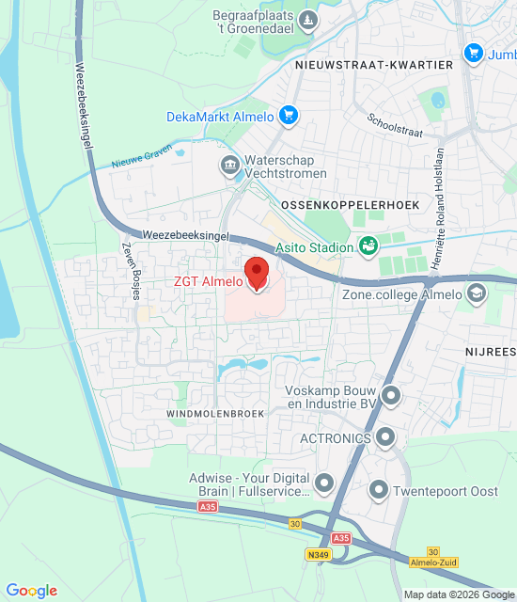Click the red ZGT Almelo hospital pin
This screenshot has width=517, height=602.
(257, 274)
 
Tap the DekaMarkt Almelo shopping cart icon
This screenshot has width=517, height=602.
(289, 117)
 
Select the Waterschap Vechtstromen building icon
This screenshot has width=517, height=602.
(229, 166)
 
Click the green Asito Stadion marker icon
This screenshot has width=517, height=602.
(368, 247)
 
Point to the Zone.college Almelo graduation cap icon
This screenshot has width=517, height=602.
(478, 294)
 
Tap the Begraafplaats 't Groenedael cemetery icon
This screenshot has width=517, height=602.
(307, 20)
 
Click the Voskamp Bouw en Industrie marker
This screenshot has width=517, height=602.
(391, 395)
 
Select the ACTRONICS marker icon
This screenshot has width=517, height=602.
(384, 437)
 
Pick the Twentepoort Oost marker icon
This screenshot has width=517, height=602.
(379, 490)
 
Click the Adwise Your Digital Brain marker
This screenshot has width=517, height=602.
(325, 484)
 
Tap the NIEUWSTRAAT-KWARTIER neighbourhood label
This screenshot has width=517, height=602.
(374, 65)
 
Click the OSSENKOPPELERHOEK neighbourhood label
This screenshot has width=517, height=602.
(336, 204)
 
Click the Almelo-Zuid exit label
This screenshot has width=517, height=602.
(433, 562)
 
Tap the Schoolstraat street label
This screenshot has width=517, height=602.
(396, 124)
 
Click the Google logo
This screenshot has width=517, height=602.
(31, 591)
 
